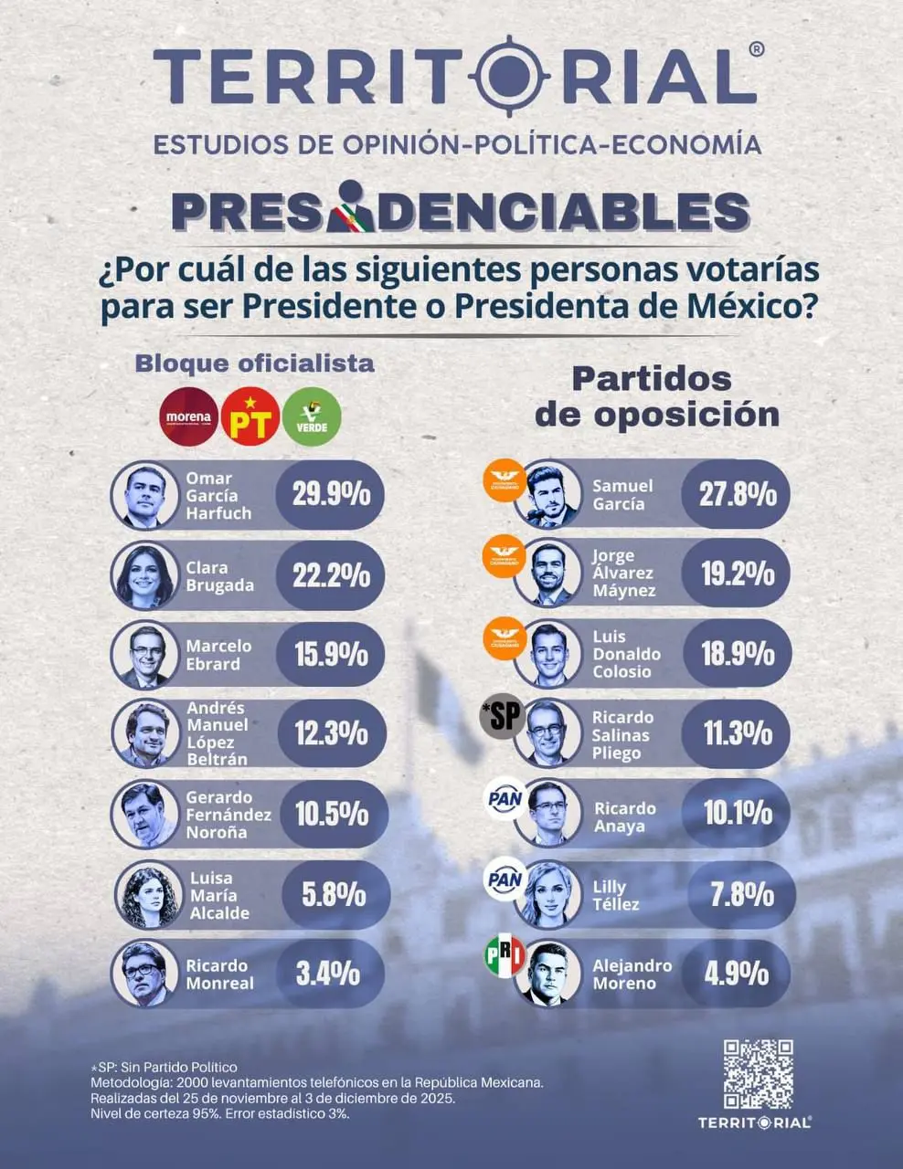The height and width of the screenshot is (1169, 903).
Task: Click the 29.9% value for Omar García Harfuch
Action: [x=331, y=495]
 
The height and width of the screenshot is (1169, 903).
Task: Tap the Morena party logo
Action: [x=189, y=416]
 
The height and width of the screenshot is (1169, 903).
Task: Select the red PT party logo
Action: [x=250, y=416]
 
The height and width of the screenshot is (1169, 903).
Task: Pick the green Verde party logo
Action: [x=312, y=416]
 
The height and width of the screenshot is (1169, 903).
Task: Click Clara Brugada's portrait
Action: [x=144, y=575]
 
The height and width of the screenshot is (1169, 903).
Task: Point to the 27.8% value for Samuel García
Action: [x=738, y=494]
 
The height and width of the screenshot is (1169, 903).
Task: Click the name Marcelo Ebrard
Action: [x=218, y=655]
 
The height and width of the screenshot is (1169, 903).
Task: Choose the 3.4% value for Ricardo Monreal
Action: [x=327, y=974]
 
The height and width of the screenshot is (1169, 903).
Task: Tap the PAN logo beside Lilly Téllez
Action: [x=505, y=879]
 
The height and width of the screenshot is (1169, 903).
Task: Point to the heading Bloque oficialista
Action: [x=254, y=363]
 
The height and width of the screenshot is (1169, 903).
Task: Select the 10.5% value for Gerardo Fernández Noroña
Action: [x=331, y=814]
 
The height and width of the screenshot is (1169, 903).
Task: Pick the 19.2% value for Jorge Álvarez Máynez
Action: [x=738, y=574]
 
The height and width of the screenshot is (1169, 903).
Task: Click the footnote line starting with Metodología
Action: [x=317, y=1082]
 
